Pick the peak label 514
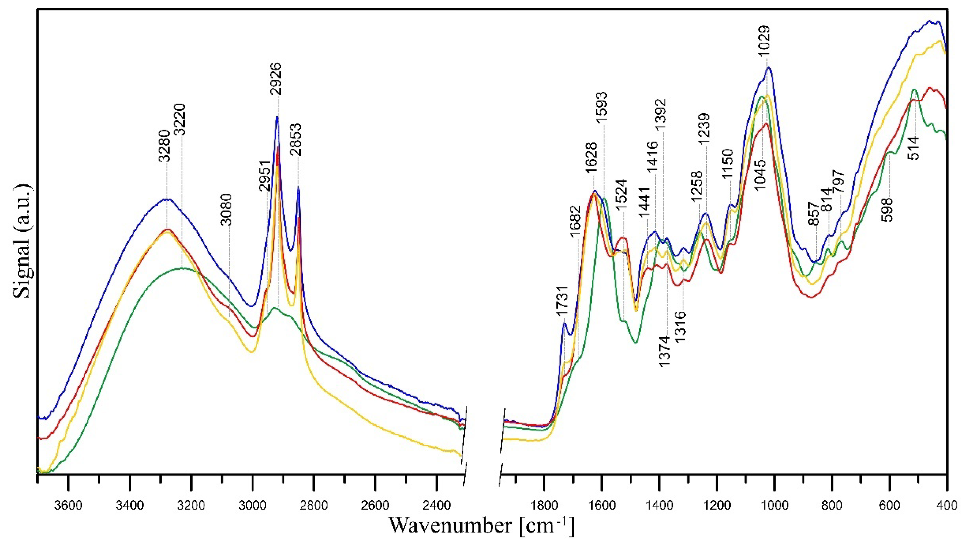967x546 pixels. [914, 148]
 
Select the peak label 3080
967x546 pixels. [226, 209]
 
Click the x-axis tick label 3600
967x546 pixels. [68, 506]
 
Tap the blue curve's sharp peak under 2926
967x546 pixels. [277, 118]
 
